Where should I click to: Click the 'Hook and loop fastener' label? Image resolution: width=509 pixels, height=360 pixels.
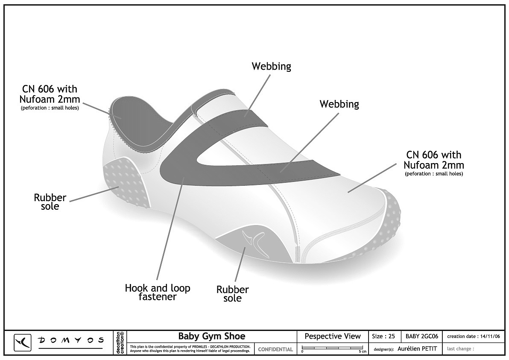tap(158, 292)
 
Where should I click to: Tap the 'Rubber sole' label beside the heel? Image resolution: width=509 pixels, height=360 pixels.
tap(50, 202)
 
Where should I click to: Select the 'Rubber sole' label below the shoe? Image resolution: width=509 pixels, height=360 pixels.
tap(232, 294)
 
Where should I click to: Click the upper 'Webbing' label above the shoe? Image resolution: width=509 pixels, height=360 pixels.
tap(272, 66)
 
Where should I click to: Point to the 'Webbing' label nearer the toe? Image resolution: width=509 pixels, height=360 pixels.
tap(339, 104)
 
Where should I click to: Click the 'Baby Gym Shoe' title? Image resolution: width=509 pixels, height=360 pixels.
tap(212, 336)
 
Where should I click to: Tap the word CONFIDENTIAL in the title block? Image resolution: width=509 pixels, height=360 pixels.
tap(275, 349)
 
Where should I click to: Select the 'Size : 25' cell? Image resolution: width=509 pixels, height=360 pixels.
tap(383, 337)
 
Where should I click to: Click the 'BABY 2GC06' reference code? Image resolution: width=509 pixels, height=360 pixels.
tap(422, 337)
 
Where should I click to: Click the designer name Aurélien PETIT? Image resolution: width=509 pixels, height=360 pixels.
tap(417, 348)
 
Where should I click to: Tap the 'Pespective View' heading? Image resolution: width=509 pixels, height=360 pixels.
tap(332, 337)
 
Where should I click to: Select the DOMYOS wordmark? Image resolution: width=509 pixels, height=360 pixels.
tap(71, 340)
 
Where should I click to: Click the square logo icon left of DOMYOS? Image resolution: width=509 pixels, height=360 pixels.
tap(22, 342)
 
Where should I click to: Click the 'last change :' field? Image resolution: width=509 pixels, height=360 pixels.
tap(460, 348)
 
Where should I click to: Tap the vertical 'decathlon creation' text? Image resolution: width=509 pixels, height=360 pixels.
tap(120, 342)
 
